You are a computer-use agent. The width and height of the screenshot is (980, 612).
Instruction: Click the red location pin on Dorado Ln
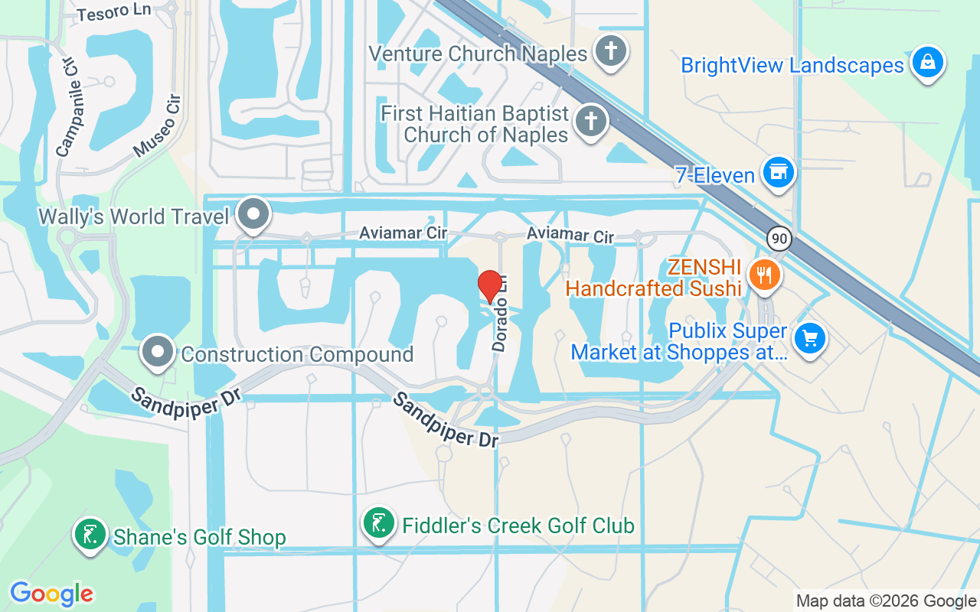tap(490, 286)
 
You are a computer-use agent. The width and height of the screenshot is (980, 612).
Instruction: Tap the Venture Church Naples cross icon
tap(610, 51)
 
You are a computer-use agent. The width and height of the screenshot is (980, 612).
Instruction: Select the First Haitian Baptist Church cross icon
tap(590, 121)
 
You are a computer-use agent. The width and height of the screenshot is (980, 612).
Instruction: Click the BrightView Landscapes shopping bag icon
tap(927, 62)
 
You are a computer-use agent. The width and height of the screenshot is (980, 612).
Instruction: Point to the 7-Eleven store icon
tap(778, 173)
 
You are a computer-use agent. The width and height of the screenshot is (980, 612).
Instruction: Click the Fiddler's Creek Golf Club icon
tap(378, 524)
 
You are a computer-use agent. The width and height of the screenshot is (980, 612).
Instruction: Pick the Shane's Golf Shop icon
tap(90, 534)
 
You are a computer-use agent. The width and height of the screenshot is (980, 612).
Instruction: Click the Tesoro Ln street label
tap(114, 13)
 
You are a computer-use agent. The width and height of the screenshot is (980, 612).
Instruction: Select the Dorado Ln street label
tap(501, 315)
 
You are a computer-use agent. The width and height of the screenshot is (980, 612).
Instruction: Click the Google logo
tap(52, 594)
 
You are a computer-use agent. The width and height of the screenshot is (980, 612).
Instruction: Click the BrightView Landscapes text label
tap(792, 66)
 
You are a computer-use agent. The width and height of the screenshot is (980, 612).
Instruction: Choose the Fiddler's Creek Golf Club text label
tap(518, 526)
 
